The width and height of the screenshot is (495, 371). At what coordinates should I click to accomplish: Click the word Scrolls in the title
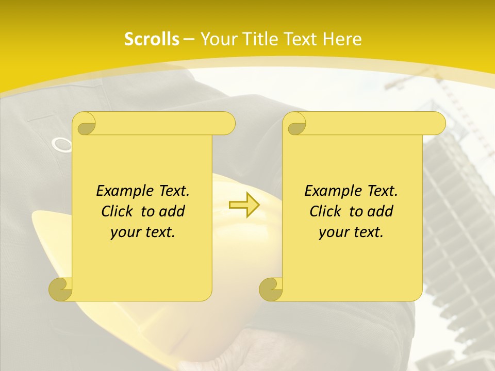coord(152,39)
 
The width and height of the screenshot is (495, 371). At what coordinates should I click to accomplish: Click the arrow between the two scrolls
coord(244,205)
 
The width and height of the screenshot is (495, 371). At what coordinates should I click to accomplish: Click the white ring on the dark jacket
coord(63,145)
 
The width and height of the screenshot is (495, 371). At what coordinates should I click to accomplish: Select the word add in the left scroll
coord(172,211)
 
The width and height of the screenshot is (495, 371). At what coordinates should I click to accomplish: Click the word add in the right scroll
coord(380,211)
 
